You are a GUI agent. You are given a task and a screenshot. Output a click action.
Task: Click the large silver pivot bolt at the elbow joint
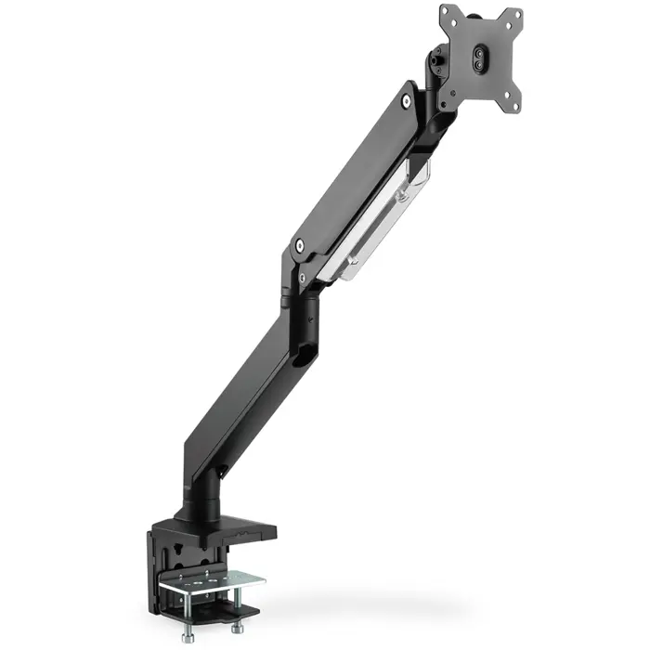pos(299,246)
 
